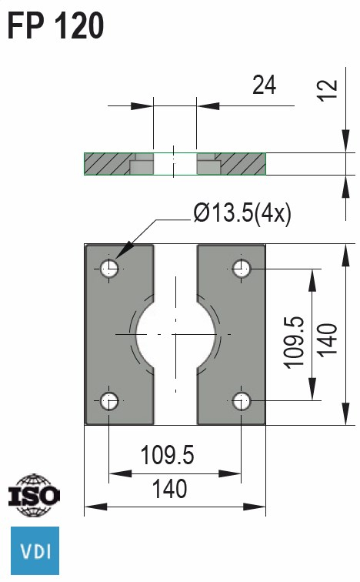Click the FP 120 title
pyautogui.click(x=55, y=25)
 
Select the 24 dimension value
pyautogui.click(x=264, y=85)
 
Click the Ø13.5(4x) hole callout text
pyautogui.click(x=242, y=213)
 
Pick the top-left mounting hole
pyautogui.click(x=109, y=268)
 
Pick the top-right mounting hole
pyautogui.click(x=242, y=268)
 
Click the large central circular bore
pyautogui.click(x=175, y=334)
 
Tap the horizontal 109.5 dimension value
pyautogui.click(x=167, y=457)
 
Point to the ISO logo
pyautogui.click(x=32, y=496)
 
